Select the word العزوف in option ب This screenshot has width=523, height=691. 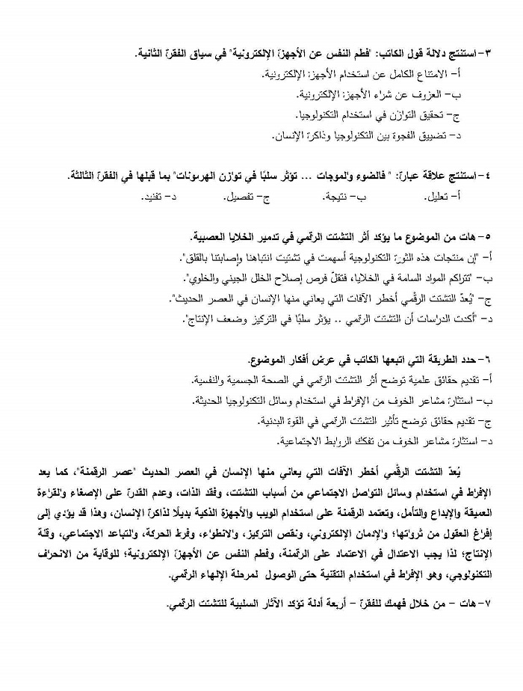point(427,95)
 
